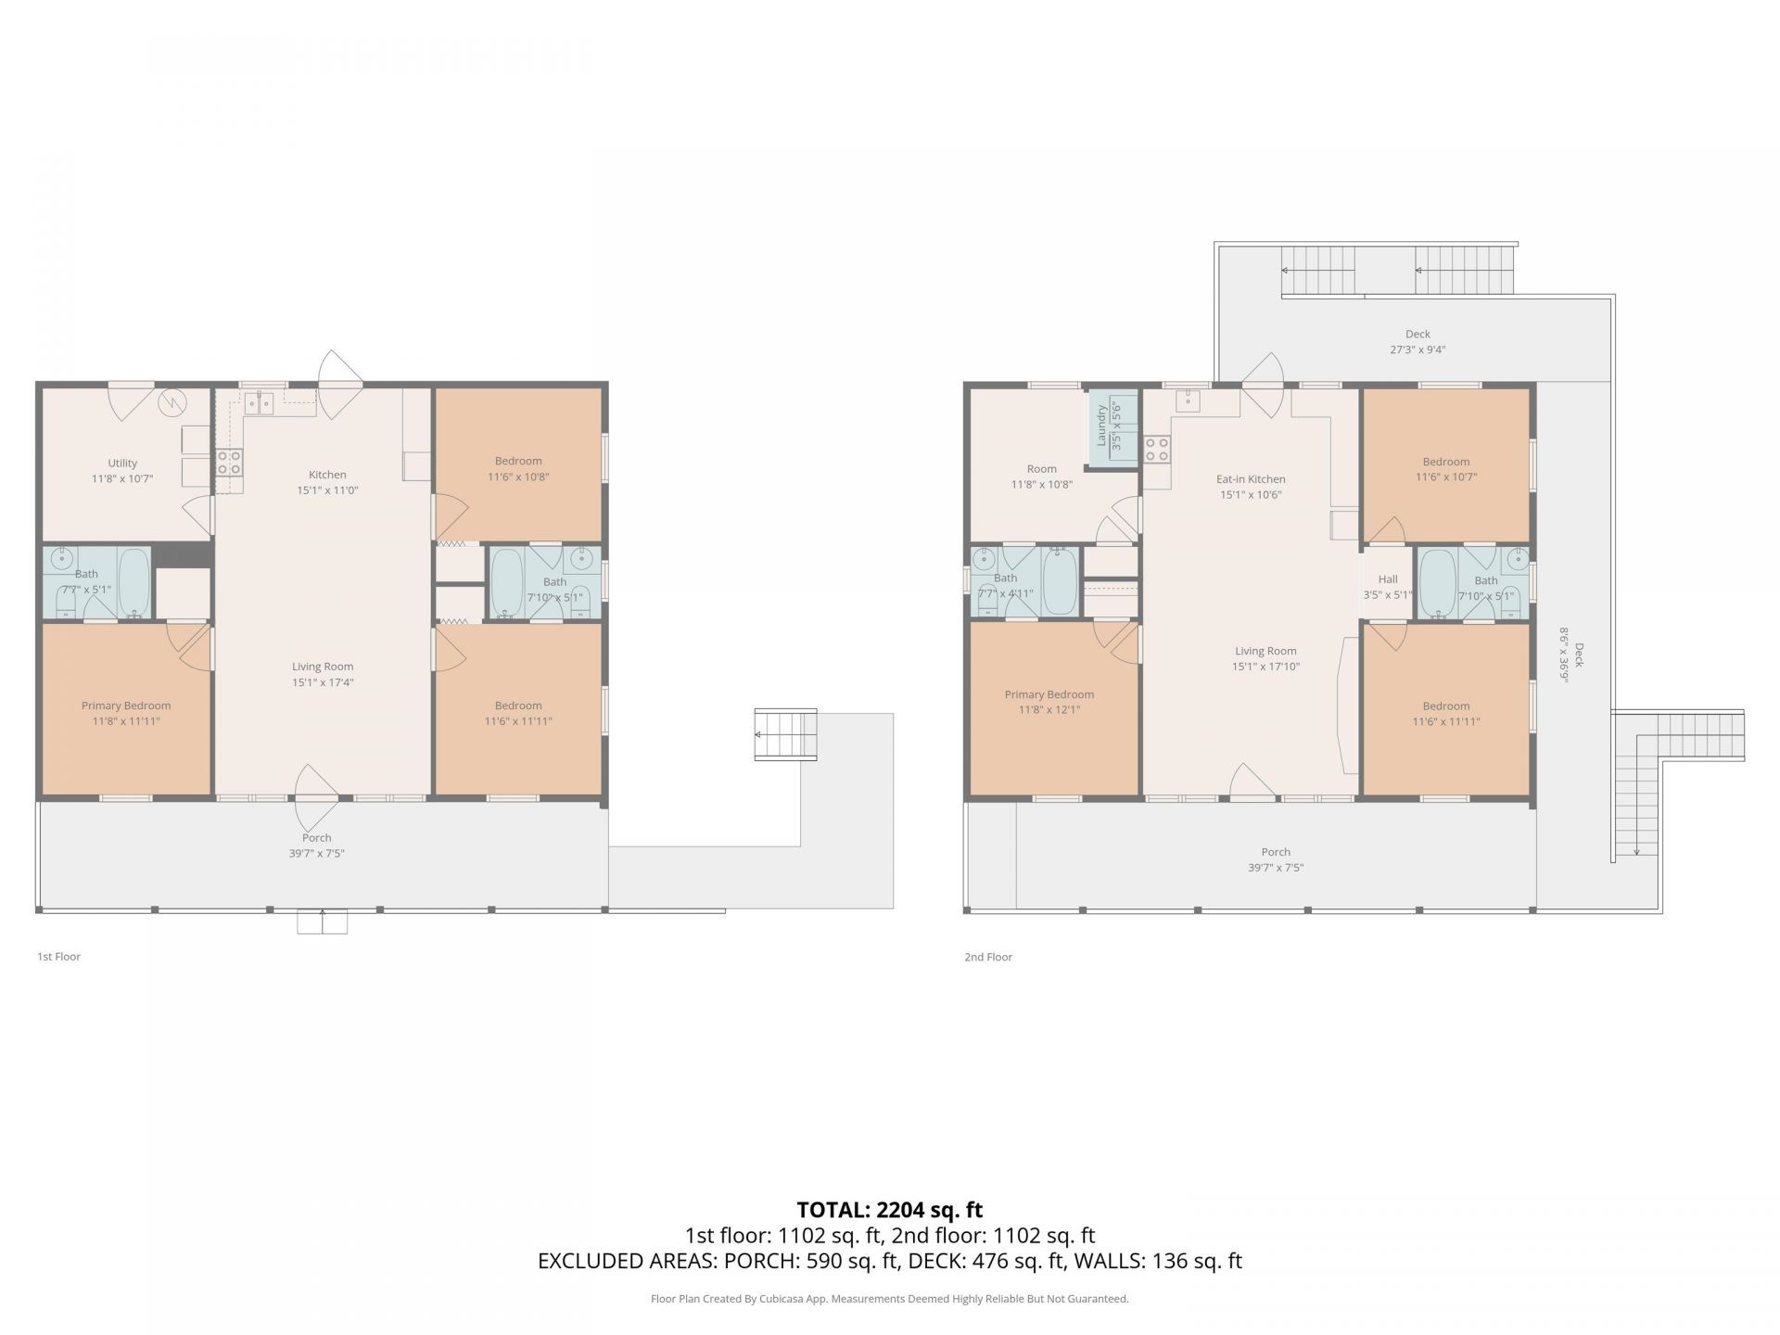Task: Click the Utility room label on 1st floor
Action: click(x=122, y=463)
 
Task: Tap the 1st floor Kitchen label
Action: click(x=327, y=475)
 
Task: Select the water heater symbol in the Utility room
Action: click(x=172, y=402)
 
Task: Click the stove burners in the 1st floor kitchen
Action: click(x=229, y=463)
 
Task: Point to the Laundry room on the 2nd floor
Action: click(x=1112, y=427)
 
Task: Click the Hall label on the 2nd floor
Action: click(x=1388, y=579)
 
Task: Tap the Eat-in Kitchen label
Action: click(x=1251, y=479)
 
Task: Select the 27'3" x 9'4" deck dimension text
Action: click(x=1418, y=350)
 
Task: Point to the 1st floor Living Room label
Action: click(x=323, y=667)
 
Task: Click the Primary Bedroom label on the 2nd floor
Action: click(x=1049, y=694)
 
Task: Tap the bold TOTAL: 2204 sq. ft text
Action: click(x=890, y=1210)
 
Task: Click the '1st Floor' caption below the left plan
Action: click(x=58, y=957)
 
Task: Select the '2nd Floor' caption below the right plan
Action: click(x=988, y=957)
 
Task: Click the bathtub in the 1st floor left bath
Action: click(x=134, y=582)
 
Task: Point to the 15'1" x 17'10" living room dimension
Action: click(x=1265, y=667)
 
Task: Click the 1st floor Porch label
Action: click(x=316, y=837)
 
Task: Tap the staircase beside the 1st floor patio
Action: click(x=785, y=735)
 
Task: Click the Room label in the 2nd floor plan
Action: click(x=1042, y=469)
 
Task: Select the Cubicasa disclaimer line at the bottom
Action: click(x=890, y=1299)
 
